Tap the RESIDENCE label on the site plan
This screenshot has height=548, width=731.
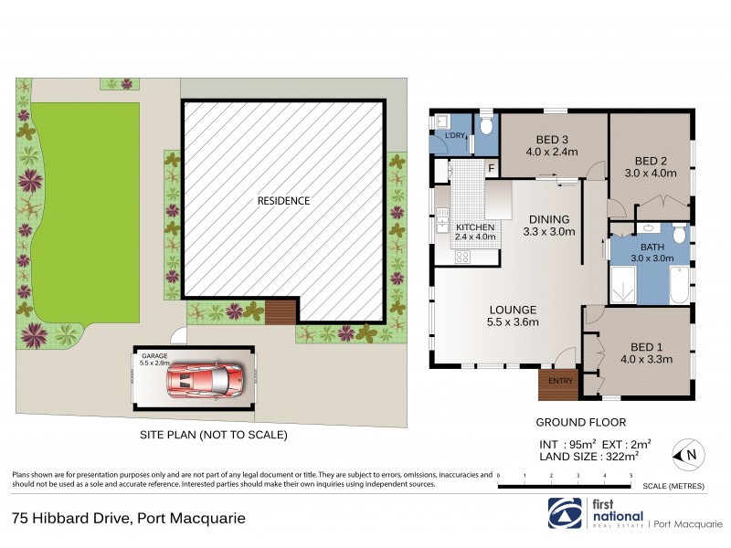tap(283, 201)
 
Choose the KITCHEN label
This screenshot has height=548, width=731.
tap(475, 227)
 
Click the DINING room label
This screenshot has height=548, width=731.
tap(548, 219)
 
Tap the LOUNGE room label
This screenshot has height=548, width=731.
tap(512, 310)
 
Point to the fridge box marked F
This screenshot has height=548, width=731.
tap(491, 169)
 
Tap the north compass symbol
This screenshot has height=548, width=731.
tap(687, 454)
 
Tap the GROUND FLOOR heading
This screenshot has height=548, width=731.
tap(580, 422)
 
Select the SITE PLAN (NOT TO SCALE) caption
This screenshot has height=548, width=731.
tap(213, 436)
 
